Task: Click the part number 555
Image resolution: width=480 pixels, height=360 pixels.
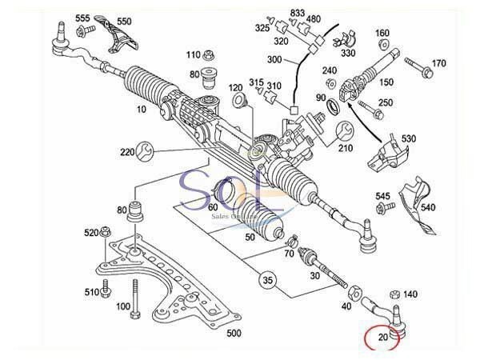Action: [x=83, y=17]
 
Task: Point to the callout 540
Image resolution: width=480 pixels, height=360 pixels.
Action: [x=450, y=209]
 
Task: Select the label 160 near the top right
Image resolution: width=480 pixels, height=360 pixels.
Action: [x=382, y=34]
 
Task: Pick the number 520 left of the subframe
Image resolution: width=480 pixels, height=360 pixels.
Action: [x=90, y=233]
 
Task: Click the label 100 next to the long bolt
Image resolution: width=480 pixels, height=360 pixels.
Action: [x=123, y=306]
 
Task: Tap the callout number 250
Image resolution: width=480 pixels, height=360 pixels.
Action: [x=386, y=103]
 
